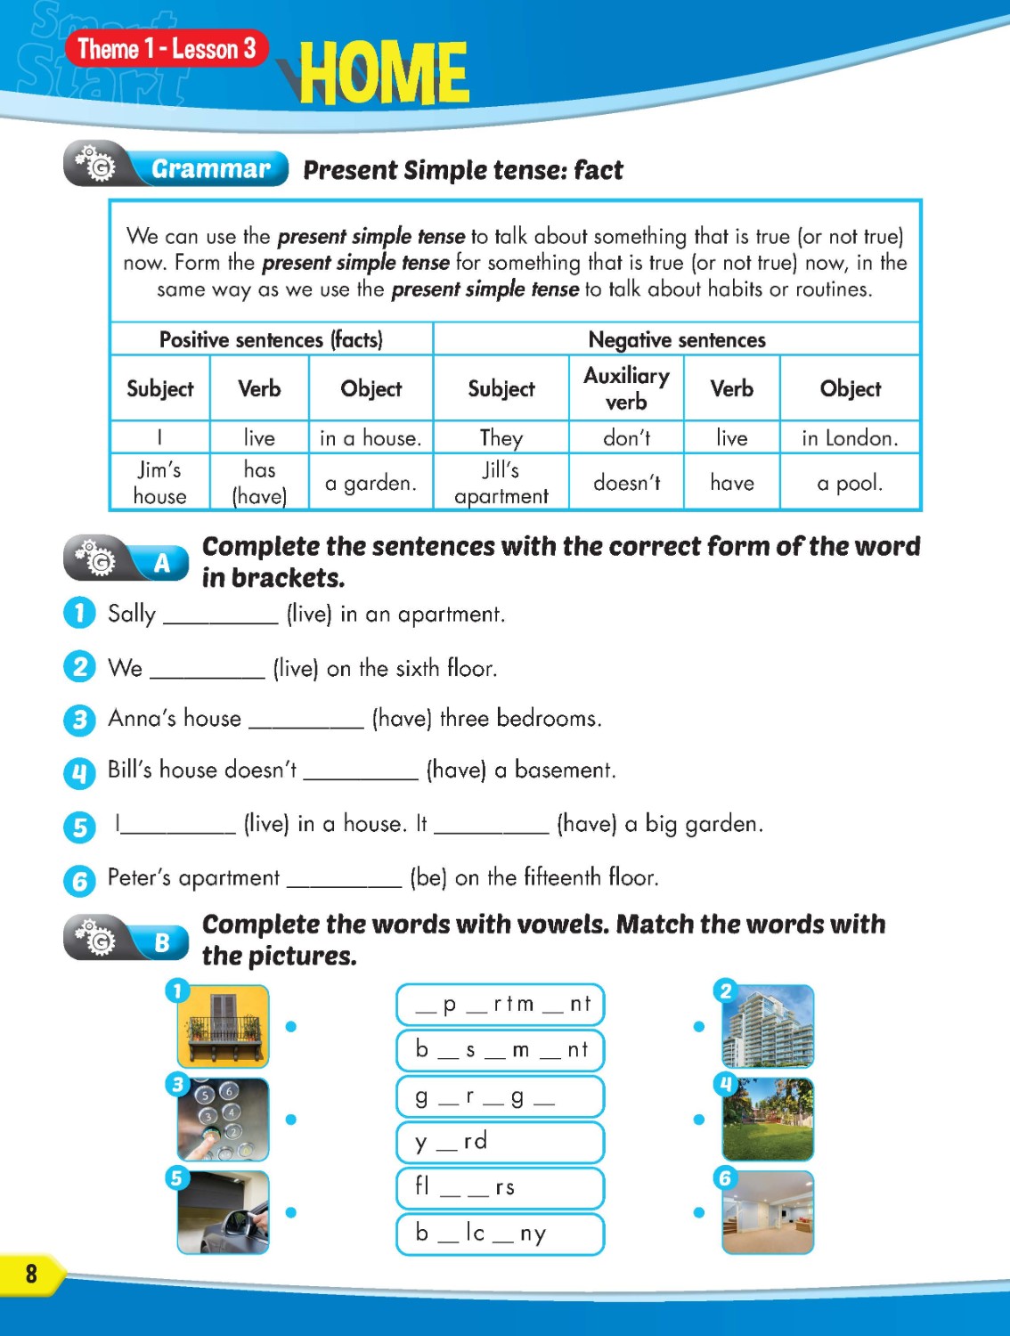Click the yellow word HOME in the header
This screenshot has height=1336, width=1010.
pyautogui.click(x=383, y=73)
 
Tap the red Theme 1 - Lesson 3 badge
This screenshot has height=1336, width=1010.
pyautogui.click(x=167, y=49)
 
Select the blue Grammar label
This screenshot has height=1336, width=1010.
pyautogui.click(x=210, y=168)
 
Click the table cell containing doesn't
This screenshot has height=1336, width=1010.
pyautogui.click(x=626, y=483)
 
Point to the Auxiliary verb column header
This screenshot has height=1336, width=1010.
pyautogui.click(x=626, y=388)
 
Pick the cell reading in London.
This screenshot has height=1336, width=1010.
pyautogui.click(x=850, y=438)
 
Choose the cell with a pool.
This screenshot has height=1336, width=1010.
pyautogui.click(x=850, y=483)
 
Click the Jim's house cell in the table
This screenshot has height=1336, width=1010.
pyautogui.click(x=160, y=483)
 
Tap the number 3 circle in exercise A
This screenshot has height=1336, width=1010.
pyautogui.click(x=79, y=720)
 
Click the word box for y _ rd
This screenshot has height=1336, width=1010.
pyautogui.click(x=500, y=1142)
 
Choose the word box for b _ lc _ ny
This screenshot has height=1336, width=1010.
pyautogui.click(x=500, y=1234)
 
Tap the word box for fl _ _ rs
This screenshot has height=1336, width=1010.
pyautogui.click(x=500, y=1188)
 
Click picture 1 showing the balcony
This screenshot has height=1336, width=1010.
pyautogui.click(x=224, y=1026)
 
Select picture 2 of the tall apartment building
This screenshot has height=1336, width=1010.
pyautogui.click(x=768, y=1026)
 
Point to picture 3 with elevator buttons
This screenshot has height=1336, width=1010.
pyautogui.click(x=224, y=1120)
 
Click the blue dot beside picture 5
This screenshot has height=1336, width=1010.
pyautogui.click(x=290, y=1212)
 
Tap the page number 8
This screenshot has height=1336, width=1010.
pyautogui.click(x=31, y=1274)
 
